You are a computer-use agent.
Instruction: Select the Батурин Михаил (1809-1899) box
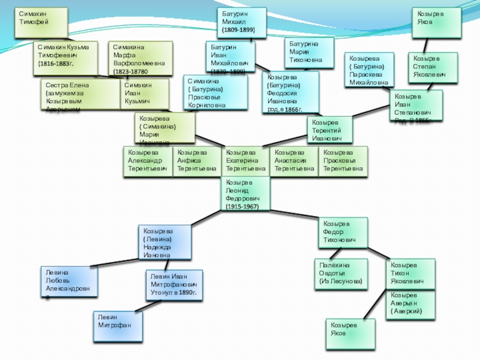[241, 23]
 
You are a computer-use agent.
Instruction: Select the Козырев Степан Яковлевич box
[433, 65]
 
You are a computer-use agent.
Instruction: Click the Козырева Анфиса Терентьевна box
[197, 161]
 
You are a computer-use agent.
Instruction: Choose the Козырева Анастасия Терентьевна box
[294, 161]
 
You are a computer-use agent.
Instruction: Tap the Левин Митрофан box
[119, 325]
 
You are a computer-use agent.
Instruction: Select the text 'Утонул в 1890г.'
[174, 293]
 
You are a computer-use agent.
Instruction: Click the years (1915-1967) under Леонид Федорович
[242, 206]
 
